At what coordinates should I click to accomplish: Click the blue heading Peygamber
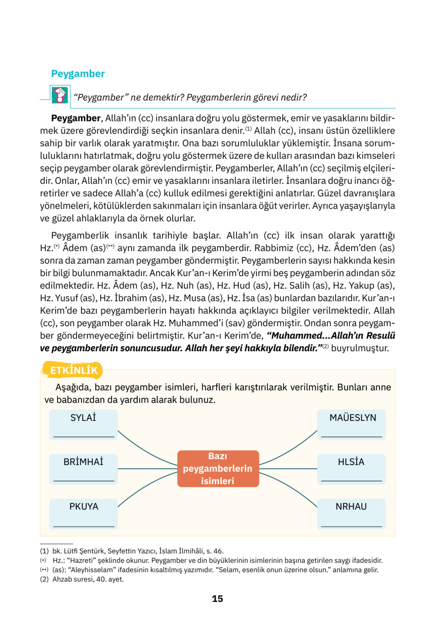point(78,74)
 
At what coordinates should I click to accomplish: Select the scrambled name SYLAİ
point(83,418)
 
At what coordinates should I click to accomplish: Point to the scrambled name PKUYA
point(84,506)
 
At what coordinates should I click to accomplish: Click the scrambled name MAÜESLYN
point(352,418)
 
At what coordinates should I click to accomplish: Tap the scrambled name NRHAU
point(351,506)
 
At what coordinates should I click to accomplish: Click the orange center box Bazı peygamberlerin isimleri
point(218,468)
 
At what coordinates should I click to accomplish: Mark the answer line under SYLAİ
point(84,436)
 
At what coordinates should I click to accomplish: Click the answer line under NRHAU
point(351,526)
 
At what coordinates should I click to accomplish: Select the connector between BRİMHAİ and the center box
point(147,469)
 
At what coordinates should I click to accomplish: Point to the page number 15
point(217,599)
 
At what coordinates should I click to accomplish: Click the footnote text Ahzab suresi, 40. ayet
point(88,579)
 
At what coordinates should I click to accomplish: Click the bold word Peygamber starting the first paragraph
point(75,118)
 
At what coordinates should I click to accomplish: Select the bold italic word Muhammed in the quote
point(297,336)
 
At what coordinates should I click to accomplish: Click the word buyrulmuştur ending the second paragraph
point(360,348)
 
